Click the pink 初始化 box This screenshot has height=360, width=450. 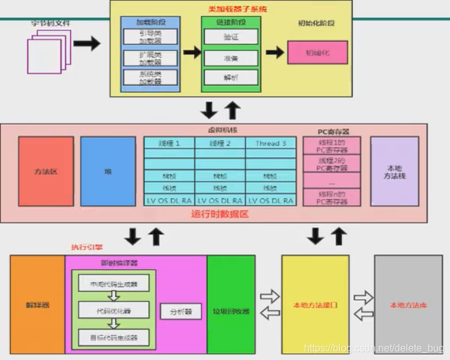click(x=317, y=52)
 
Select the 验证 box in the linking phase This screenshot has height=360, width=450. click(x=231, y=37)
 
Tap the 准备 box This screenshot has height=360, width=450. click(x=231, y=58)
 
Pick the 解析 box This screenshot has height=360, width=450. click(x=231, y=78)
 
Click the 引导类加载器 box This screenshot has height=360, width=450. click(x=150, y=36)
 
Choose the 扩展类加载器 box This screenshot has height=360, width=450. click(x=150, y=58)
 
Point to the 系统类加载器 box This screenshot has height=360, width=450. click(x=150, y=78)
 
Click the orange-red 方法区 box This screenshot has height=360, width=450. click(x=45, y=171)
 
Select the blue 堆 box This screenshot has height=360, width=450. click(x=108, y=171)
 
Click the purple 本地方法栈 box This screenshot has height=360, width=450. click(x=394, y=171)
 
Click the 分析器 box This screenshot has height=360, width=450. click(x=181, y=311)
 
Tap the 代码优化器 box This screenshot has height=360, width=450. click(x=113, y=310)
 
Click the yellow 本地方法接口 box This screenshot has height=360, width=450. click(x=315, y=305)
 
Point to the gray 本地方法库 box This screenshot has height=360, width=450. click(x=408, y=305)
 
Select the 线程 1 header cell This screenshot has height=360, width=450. click(x=169, y=143)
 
